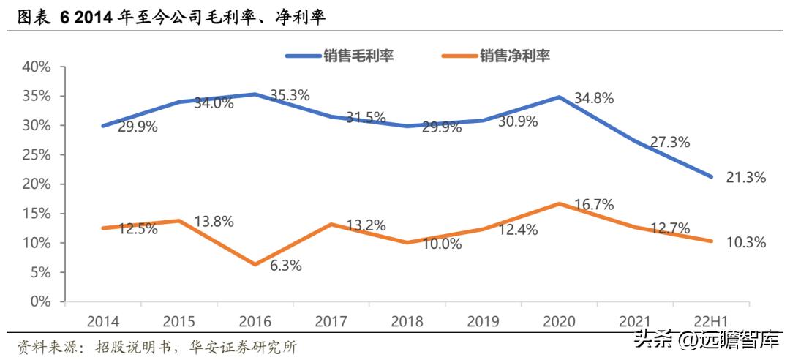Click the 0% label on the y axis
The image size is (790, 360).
(40, 301)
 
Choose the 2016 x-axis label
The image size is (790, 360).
(255, 321)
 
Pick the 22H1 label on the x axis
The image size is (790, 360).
(711, 321)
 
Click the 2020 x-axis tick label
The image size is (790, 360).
(559, 321)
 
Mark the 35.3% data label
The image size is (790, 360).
(290, 95)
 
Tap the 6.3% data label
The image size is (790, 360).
(285, 266)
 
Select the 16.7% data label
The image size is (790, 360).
(593, 204)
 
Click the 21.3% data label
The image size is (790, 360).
(745, 177)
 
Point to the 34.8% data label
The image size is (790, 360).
(593, 97)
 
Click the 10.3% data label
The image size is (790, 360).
(745, 242)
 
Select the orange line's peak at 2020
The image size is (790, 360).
(559, 203)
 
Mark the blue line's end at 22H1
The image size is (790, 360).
(711, 176)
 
